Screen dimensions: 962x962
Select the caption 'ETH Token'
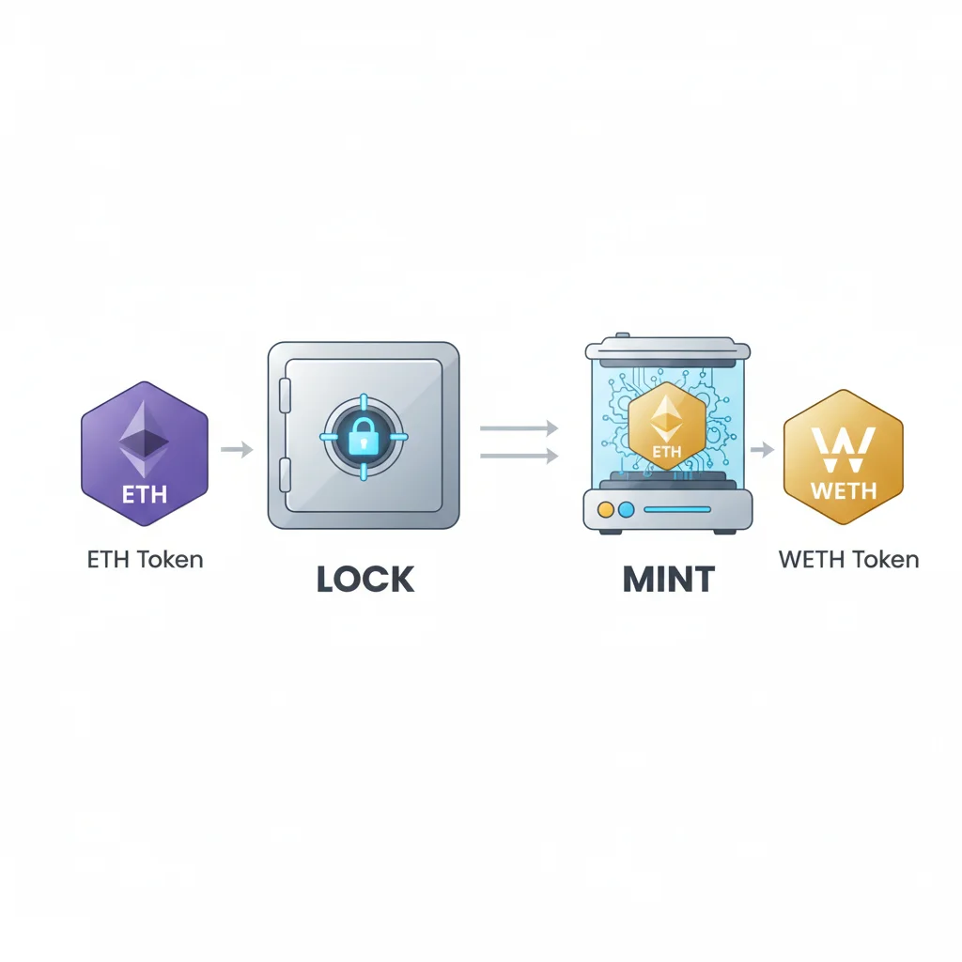click(145, 560)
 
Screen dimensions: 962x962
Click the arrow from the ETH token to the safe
click(237, 450)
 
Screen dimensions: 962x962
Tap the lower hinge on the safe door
click(285, 471)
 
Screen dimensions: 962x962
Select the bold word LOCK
click(365, 580)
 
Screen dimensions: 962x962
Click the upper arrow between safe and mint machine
click(519, 428)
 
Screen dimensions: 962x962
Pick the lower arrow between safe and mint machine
click(519, 457)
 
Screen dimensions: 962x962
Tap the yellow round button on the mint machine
click(606, 509)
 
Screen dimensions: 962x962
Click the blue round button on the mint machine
click(627, 509)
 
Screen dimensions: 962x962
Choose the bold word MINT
click(669, 580)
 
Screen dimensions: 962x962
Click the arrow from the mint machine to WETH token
click(762, 450)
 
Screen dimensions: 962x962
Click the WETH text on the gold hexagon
click(843, 490)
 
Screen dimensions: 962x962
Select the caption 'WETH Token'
click(848, 560)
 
